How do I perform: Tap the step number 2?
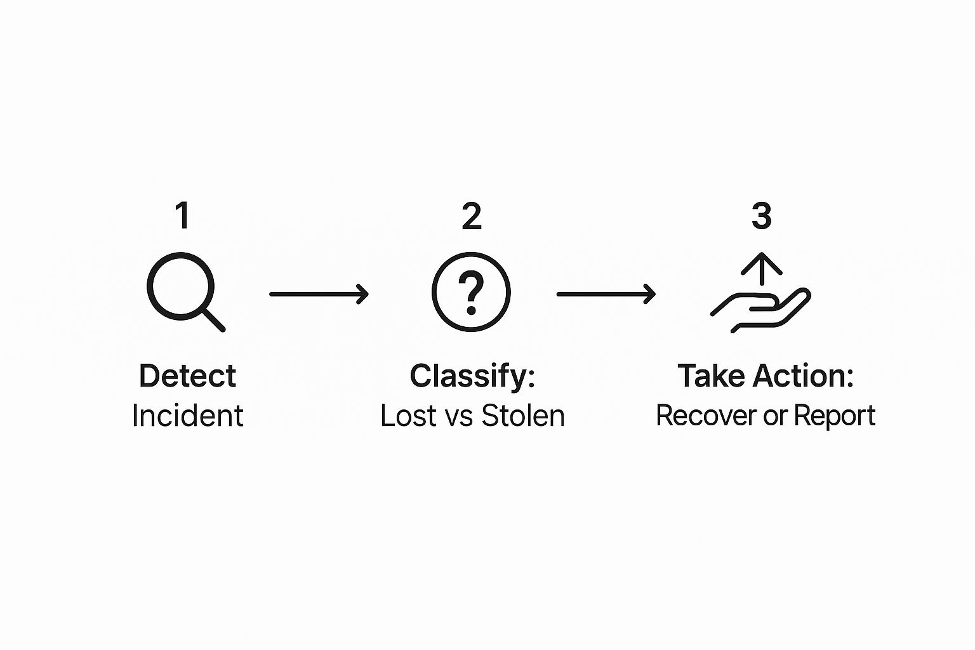pyautogui.click(x=472, y=216)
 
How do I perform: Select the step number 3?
pyautogui.click(x=761, y=216)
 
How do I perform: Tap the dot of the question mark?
pyautogui.click(x=471, y=310)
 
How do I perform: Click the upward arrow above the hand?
pyautogui.click(x=761, y=269)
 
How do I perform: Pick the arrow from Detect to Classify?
pyautogui.click(x=319, y=295)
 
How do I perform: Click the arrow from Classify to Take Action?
pyautogui.click(x=606, y=295)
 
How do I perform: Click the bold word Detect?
pyautogui.click(x=188, y=376)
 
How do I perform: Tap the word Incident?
pyautogui.click(x=188, y=416)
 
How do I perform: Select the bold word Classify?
pyautogui.click(x=468, y=377)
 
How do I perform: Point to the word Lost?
pyautogui.click(x=408, y=416)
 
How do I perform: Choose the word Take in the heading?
pyautogui.click(x=710, y=376)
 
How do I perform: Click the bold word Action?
pyautogui.click(x=799, y=376)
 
